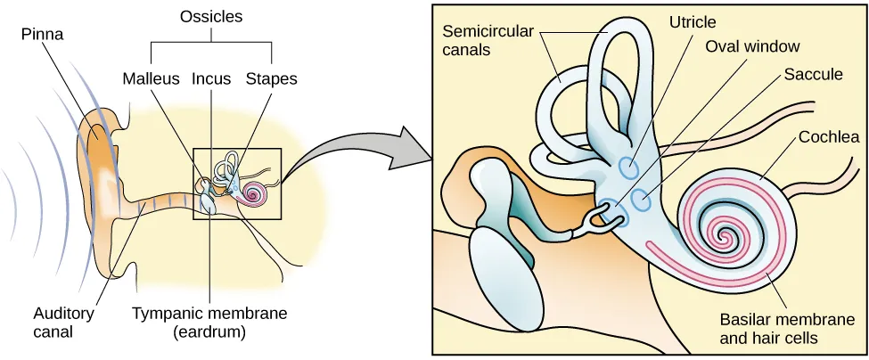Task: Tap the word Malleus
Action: [x=152, y=78]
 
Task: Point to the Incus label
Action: [x=209, y=78]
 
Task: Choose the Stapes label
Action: [x=271, y=78]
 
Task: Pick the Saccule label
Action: [x=813, y=75]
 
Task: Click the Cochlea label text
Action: [x=829, y=137]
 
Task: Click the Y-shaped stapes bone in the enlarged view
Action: [x=594, y=217]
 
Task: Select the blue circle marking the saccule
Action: [x=641, y=200]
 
